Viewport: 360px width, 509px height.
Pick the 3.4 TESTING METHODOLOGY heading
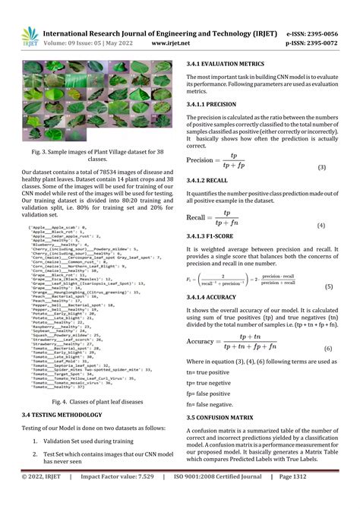pos(73,415)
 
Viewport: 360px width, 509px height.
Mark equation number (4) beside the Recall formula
pos(321,226)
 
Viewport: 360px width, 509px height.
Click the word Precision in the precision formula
pos(200,160)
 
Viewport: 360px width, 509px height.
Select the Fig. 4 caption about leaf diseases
pos(92,401)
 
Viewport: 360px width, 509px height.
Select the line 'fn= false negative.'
pos(210,405)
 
